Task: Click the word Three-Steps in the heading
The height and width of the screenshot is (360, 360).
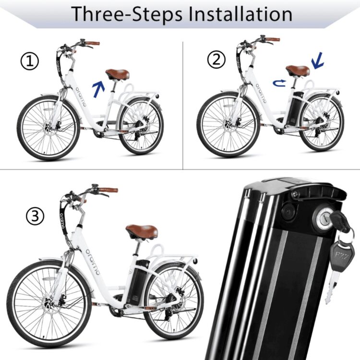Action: click(x=127, y=14)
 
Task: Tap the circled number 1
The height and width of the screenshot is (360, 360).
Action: click(x=30, y=61)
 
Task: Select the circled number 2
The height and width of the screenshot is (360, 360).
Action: click(x=216, y=60)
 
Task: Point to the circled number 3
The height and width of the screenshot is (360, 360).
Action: click(x=35, y=216)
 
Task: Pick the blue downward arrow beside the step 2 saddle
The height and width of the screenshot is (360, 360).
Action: click(x=318, y=60)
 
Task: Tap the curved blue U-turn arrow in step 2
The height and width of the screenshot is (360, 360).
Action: click(x=279, y=83)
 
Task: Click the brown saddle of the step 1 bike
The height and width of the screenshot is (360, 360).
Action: click(x=118, y=74)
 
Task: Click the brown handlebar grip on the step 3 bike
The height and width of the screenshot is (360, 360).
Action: click(x=108, y=191)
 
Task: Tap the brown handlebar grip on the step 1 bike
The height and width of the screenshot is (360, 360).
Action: click(x=92, y=43)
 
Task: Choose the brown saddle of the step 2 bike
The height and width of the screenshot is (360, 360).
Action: click(x=298, y=70)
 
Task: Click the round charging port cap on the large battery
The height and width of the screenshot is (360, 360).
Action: click(x=288, y=211)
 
